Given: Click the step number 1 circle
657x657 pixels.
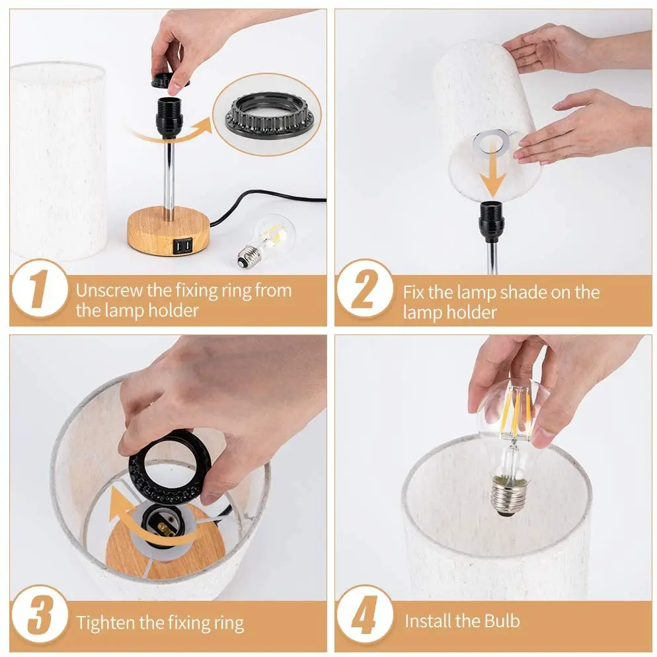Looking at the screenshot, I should click(38, 291).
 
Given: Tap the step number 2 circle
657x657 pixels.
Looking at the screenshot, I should click(364, 291).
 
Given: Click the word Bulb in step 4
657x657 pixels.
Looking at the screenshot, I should click(502, 621).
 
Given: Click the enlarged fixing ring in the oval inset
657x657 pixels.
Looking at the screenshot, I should click(268, 115).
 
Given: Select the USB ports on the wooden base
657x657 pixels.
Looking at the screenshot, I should click(183, 247).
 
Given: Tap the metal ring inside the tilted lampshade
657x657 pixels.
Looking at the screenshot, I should click(490, 141).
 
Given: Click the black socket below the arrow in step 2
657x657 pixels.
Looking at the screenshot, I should click(491, 221).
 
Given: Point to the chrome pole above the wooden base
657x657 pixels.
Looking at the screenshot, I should click(170, 178).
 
